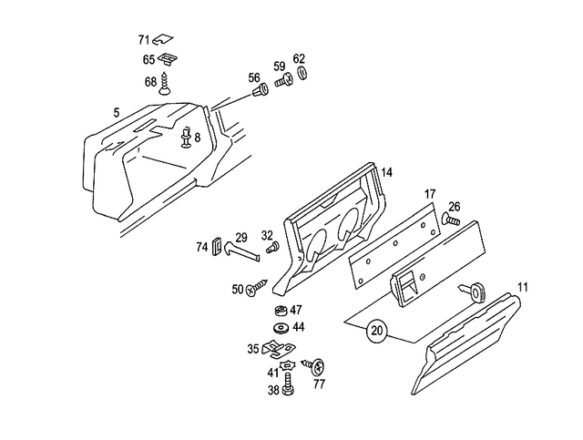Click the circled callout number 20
coord(376,333)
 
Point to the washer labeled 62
coord(302,73)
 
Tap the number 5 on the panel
coord(117,112)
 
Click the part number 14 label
coord(386,172)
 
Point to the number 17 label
coord(430,195)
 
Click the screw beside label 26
coord(450,220)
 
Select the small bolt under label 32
coord(271,248)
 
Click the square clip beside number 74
coord(219,247)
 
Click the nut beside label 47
coord(281,311)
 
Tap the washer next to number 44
coord(279,327)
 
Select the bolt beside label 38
coord(286,389)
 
